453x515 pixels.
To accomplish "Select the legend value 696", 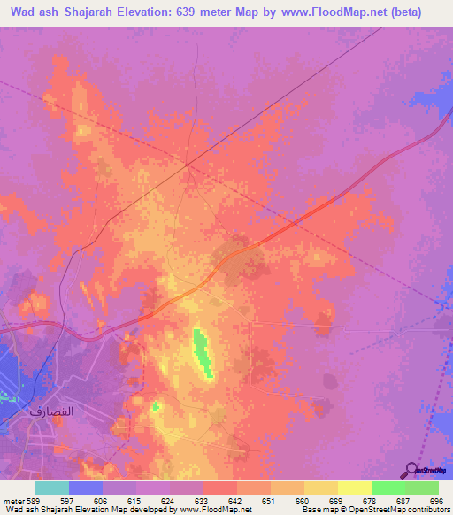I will coord(435,500).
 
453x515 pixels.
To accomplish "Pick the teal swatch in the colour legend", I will coord(52,488).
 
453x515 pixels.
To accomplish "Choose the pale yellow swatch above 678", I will coord(354,488).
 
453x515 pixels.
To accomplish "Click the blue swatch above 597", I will coord(86,488).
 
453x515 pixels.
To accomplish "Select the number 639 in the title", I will coord(194,12).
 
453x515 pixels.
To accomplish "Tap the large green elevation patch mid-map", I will coord(203,352).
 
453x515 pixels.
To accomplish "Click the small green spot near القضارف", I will coord(156,406).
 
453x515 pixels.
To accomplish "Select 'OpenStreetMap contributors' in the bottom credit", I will coord(399,510).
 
